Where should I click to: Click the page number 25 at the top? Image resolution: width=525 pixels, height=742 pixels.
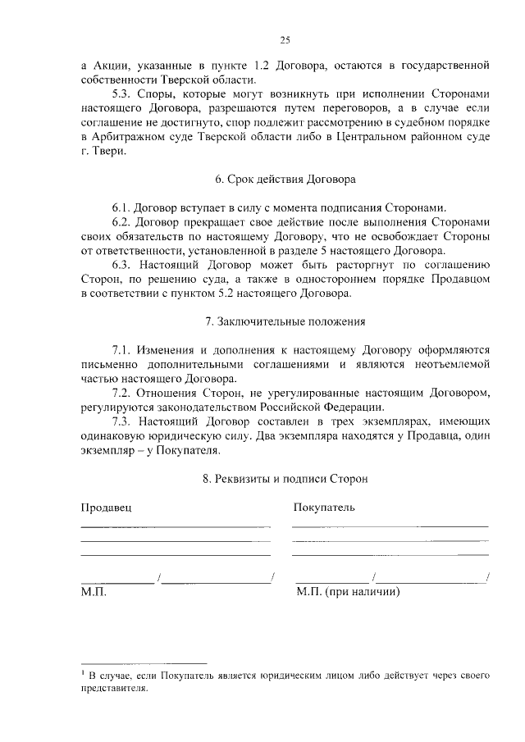pyautogui.click(x=285, y=39)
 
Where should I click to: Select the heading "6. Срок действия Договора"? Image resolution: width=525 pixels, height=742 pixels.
pyautogui.click(x=285, y=178)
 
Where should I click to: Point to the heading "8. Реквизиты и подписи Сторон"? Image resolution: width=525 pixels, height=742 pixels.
pyautogui.click(x=285, y=478)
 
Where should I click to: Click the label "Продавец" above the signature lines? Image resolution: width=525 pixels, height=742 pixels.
pyautogui.click(x=106, y=507)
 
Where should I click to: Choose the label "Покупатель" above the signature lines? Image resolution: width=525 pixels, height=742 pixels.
pyautogui.click(x=324, y=507)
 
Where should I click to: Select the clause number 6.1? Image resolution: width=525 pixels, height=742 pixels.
pyautogui.click(x=122, y=207)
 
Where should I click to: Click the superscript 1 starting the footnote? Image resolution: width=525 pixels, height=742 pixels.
pyautogui.click(x=84, y=673)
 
